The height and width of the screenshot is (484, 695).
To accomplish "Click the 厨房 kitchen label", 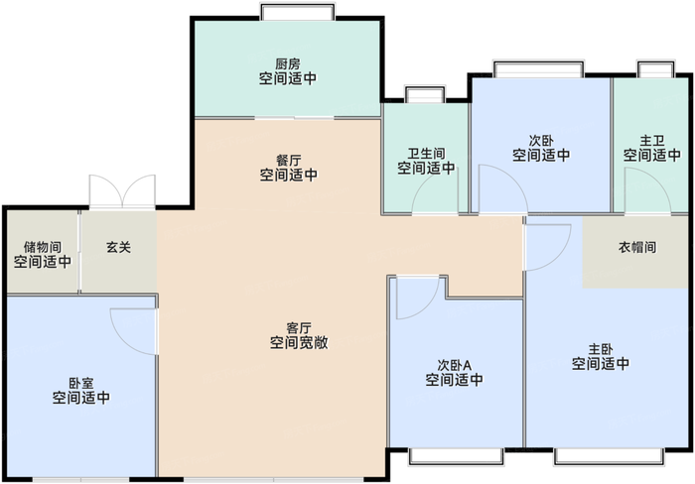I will pyautogui.click(x=288, y=64).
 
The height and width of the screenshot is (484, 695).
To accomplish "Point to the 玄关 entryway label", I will pyautogui.click(x=118, y=247).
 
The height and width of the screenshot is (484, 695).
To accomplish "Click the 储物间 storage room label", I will pyautogui.click(x=43, y=247).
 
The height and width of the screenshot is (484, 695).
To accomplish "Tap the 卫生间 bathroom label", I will pyautogui.click(x=426, y=155).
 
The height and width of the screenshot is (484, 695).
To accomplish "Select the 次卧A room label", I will pyautogui.click(x=454, y=364).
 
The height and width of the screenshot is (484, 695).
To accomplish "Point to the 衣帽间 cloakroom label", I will pyautogui.click(x=637, y=247).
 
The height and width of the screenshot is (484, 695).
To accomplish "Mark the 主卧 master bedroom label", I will pyautogui.click(x=600, y=349).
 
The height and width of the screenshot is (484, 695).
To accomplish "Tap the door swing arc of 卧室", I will pyautogui.click(x=131, y=327).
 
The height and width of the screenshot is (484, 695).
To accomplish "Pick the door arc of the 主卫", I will pyautogui.click(x=640, y=188).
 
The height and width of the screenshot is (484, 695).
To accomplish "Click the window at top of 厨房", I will pyautogui.click(x=288, y=13).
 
